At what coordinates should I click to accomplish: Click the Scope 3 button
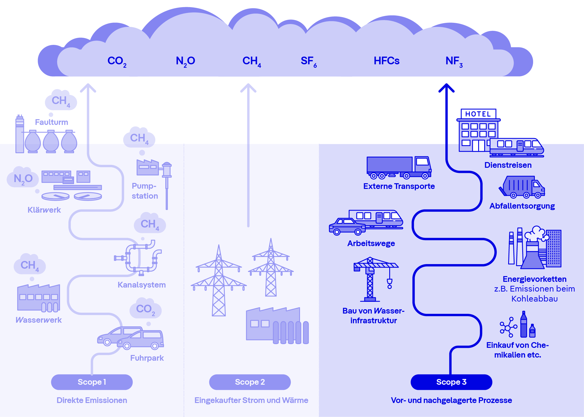coord(451,382)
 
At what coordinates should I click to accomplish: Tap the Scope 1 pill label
coord(92,382)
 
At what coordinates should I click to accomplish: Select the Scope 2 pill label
coord(250,382)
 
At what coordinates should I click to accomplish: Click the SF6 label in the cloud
coord(309,61)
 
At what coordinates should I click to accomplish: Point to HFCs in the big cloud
coord(386,61)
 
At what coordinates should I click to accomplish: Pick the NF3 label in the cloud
coord(454,61)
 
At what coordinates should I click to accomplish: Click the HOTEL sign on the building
coord(478,114)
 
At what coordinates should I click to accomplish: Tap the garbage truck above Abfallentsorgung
coord(522,187)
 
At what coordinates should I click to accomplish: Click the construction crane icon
coord(372,279)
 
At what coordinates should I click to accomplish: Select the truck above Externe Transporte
coord(399,167)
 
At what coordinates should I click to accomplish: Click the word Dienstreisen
coord(508,165)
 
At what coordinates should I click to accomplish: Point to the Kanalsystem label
coord(142,285)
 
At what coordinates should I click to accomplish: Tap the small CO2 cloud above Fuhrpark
coord(146,309)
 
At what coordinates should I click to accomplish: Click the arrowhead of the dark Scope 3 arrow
coord(446,87)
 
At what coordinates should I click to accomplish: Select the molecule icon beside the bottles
coord(508,327)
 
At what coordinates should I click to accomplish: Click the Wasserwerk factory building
coord(39,298)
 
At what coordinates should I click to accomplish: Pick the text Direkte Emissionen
coord(92,400)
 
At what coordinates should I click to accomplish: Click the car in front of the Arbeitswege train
coord(347,226)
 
